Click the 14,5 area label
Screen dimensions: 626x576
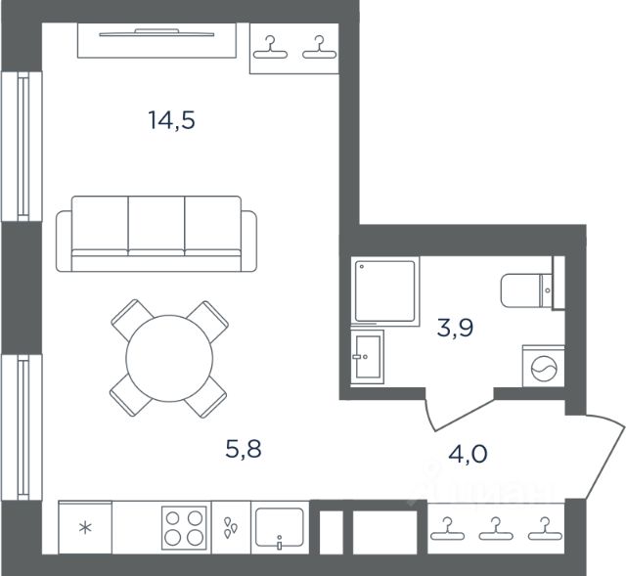point(172,120)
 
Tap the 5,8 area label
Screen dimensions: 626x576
point(244,449)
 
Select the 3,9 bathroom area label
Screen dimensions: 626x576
point(455,328)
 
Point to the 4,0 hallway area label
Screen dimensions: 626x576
point(468,454)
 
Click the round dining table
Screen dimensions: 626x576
point(169,358)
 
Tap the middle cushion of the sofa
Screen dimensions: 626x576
point(156,226)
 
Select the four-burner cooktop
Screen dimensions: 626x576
point(184,527)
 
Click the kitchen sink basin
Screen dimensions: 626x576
point(280,527)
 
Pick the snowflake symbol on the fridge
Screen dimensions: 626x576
point(85,528)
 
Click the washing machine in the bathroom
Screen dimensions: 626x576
point(544,366)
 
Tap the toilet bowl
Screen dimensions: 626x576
point(520,290)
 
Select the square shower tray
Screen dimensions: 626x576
point(384,291)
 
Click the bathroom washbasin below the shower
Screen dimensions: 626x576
point(368,357)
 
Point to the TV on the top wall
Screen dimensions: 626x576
point(156,33)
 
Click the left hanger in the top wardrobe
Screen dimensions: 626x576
point(270,48)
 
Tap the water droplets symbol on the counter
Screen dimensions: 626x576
point(231,527)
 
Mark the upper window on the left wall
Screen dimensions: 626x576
point(22,147)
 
